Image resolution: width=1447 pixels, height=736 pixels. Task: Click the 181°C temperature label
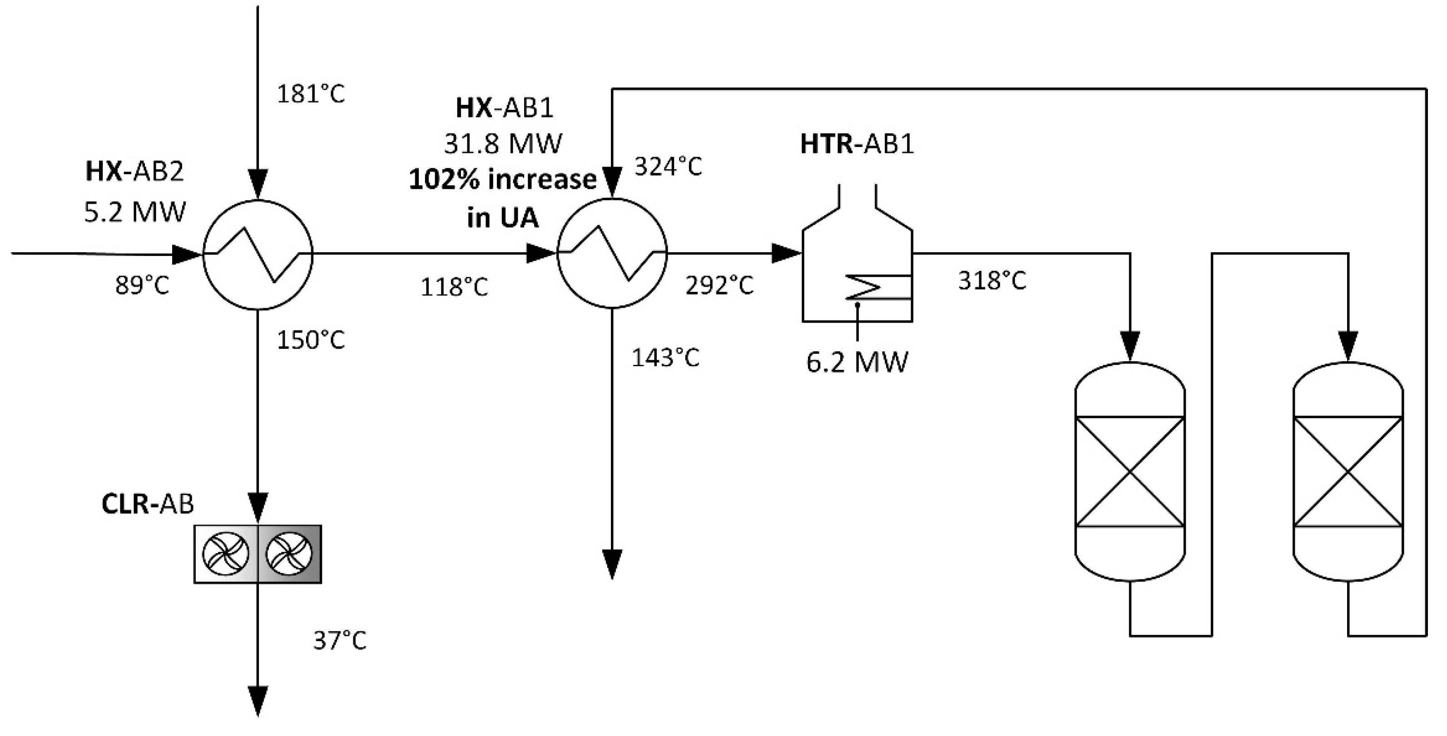(311, 94)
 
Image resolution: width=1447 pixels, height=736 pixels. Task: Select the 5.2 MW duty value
(134, 213)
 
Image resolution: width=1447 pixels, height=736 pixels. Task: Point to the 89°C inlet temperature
(142, 286)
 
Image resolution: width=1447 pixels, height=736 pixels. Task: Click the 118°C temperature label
(455, 287)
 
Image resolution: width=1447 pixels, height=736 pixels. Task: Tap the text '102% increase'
(503, 180)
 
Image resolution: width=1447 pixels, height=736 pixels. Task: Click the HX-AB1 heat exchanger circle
(612, 253)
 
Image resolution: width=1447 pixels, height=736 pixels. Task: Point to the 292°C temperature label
(719, 286)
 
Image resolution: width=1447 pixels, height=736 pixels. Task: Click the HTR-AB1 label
(857, 144)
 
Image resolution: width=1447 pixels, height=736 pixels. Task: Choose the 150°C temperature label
(311, 340)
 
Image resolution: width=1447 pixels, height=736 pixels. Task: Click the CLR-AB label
(147, 504)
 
